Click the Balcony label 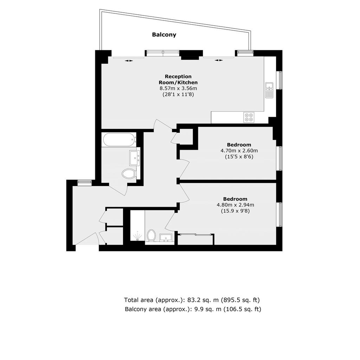pyautogui.click(x=164, y=35)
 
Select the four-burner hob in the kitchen pyautogui.click(x=249, y=117)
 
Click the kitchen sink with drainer pyautogui.click(x=269, y=90)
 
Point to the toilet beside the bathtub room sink pyautogui.click(x=129, y=174)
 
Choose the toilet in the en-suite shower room pyautogui.click(x=151, y=235)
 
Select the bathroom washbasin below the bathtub pyautogui.click(x=135, y=158)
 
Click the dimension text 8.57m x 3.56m pyautogui.click(x=178, y=88)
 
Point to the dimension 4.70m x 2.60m pyautogui.click(x=239, y=151)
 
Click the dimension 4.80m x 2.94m pyautogui.click(x=235, y=205)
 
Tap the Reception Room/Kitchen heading pyautogui.click(x=178, y=79)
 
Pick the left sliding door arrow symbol pyautogui.click(x=129, y=60)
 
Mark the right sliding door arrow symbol pyautogui.click(x=219, y=60)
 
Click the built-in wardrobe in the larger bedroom pyautogui.click(x=196, y=239)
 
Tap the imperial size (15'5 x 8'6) pyautogui.click(x=239, y=157)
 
